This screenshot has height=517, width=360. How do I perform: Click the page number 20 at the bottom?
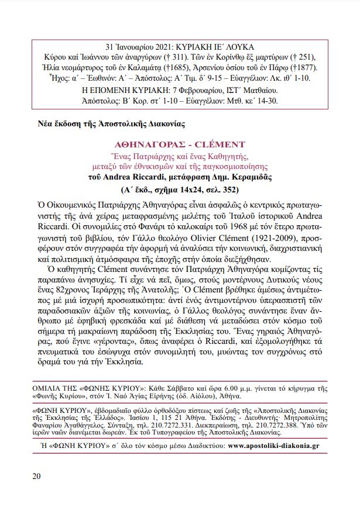(x=36, y=475)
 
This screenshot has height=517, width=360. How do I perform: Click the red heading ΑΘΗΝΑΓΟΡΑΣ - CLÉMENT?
(x=180, y=144)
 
